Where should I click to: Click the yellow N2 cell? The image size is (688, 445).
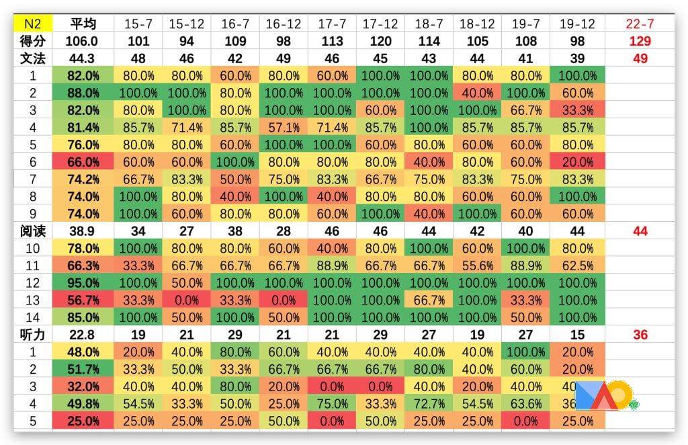(x=32, y=24)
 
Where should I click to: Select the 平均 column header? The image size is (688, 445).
(x=83, y=24)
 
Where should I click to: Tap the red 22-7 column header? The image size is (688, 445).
(x=640, y=24)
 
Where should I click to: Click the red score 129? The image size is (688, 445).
(x=640, y=41)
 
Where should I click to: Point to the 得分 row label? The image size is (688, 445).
(x=32, y=41)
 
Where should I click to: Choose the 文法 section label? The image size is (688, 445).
(x=32, y=58)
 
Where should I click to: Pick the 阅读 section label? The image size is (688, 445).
(x=32, y=231)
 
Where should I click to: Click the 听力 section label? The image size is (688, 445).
(x=32, y=334)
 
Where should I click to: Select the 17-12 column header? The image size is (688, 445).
(x=380, y=24)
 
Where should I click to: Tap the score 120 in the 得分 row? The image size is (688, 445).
(x=380, y=41)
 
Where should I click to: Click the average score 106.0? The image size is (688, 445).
(x=83, y=41)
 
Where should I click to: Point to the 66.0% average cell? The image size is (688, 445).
(x=83, y=162)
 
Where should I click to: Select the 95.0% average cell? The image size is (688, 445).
(x=83, y=282)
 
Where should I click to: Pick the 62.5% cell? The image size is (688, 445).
(x=576, y=265)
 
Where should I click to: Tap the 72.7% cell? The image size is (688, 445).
(x=429, y=403)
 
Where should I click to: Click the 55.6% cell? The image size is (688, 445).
(x=477, y=265)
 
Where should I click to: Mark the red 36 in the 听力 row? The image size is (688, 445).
(x=640, y=334)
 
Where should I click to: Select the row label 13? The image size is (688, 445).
(x=32, y=300)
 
